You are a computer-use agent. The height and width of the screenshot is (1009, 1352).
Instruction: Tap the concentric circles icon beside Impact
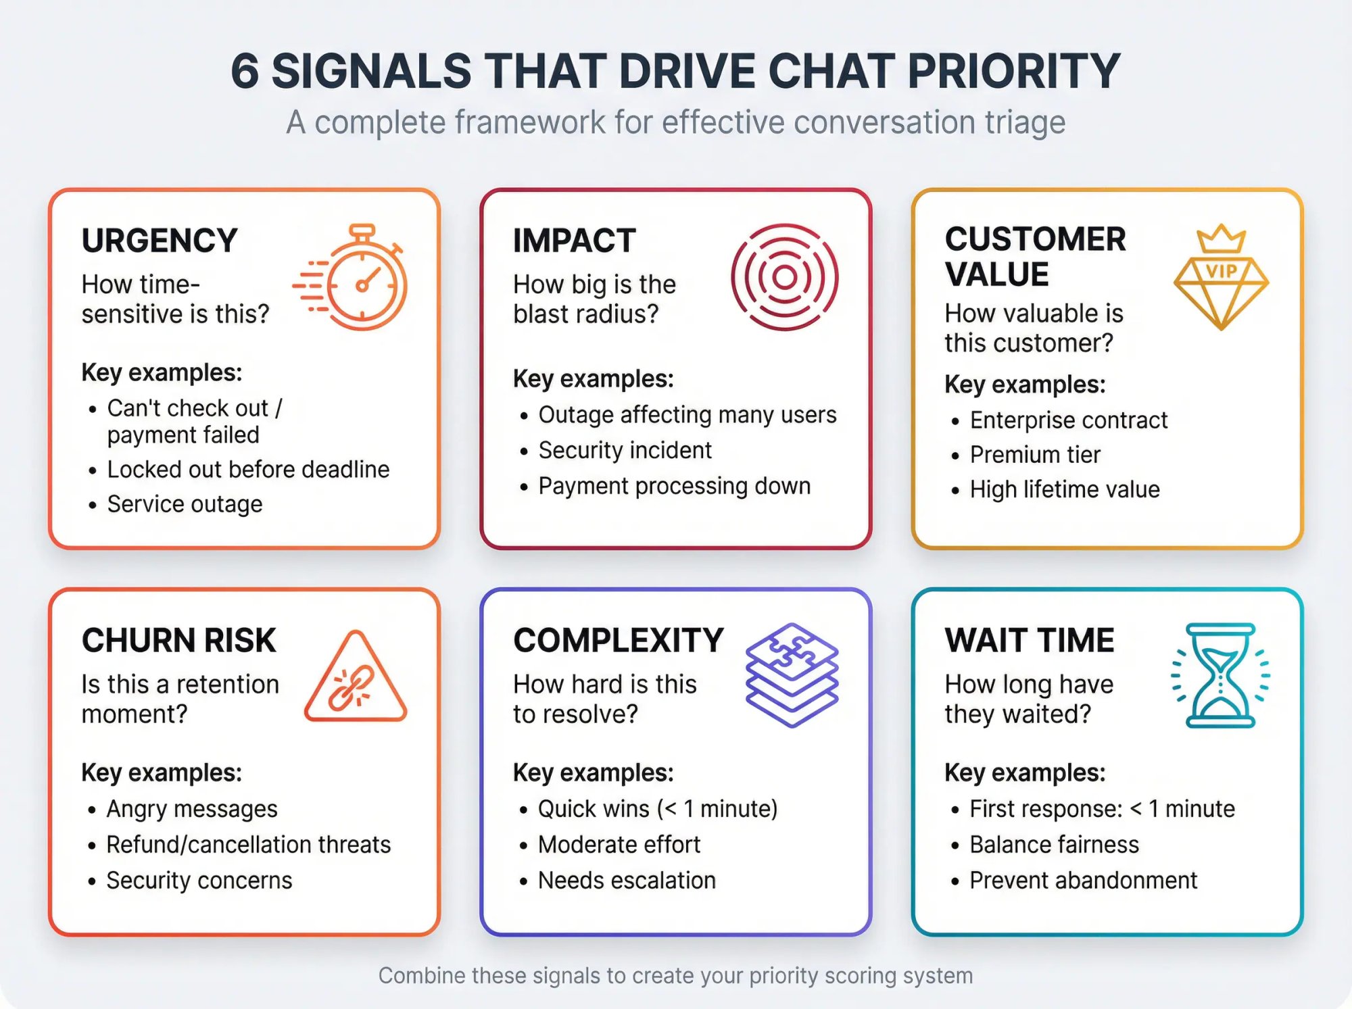[784, 277]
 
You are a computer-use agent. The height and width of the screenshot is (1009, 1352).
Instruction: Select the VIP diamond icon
[1221, 277]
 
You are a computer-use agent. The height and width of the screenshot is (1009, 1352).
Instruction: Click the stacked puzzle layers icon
[792, 675]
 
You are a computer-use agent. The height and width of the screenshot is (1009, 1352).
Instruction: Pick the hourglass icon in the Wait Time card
[1220, 675]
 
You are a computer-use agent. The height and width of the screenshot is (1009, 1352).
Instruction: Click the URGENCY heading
[160, 241]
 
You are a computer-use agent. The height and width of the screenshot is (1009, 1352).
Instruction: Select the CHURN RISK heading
[179, 641]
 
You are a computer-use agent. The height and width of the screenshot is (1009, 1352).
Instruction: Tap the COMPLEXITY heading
[619, 641]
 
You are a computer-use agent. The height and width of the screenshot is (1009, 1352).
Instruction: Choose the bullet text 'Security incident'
[625, 450]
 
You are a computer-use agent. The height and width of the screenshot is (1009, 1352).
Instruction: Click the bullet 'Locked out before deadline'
[248, 469]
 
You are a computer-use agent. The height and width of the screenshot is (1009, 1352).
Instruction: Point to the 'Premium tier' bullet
[1035, 455]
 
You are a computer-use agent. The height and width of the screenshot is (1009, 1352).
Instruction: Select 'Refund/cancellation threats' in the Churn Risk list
[248, 845]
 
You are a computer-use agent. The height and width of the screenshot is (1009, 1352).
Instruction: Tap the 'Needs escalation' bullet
[627, 881]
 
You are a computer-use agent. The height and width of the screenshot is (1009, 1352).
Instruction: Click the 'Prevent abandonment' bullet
[1083, 881]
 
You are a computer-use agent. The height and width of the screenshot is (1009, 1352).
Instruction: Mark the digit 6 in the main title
[245, 72]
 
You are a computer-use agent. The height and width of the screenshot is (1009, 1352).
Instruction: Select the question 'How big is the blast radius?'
[594, 299]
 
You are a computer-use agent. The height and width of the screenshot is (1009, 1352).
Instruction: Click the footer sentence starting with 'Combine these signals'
[675, 976]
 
